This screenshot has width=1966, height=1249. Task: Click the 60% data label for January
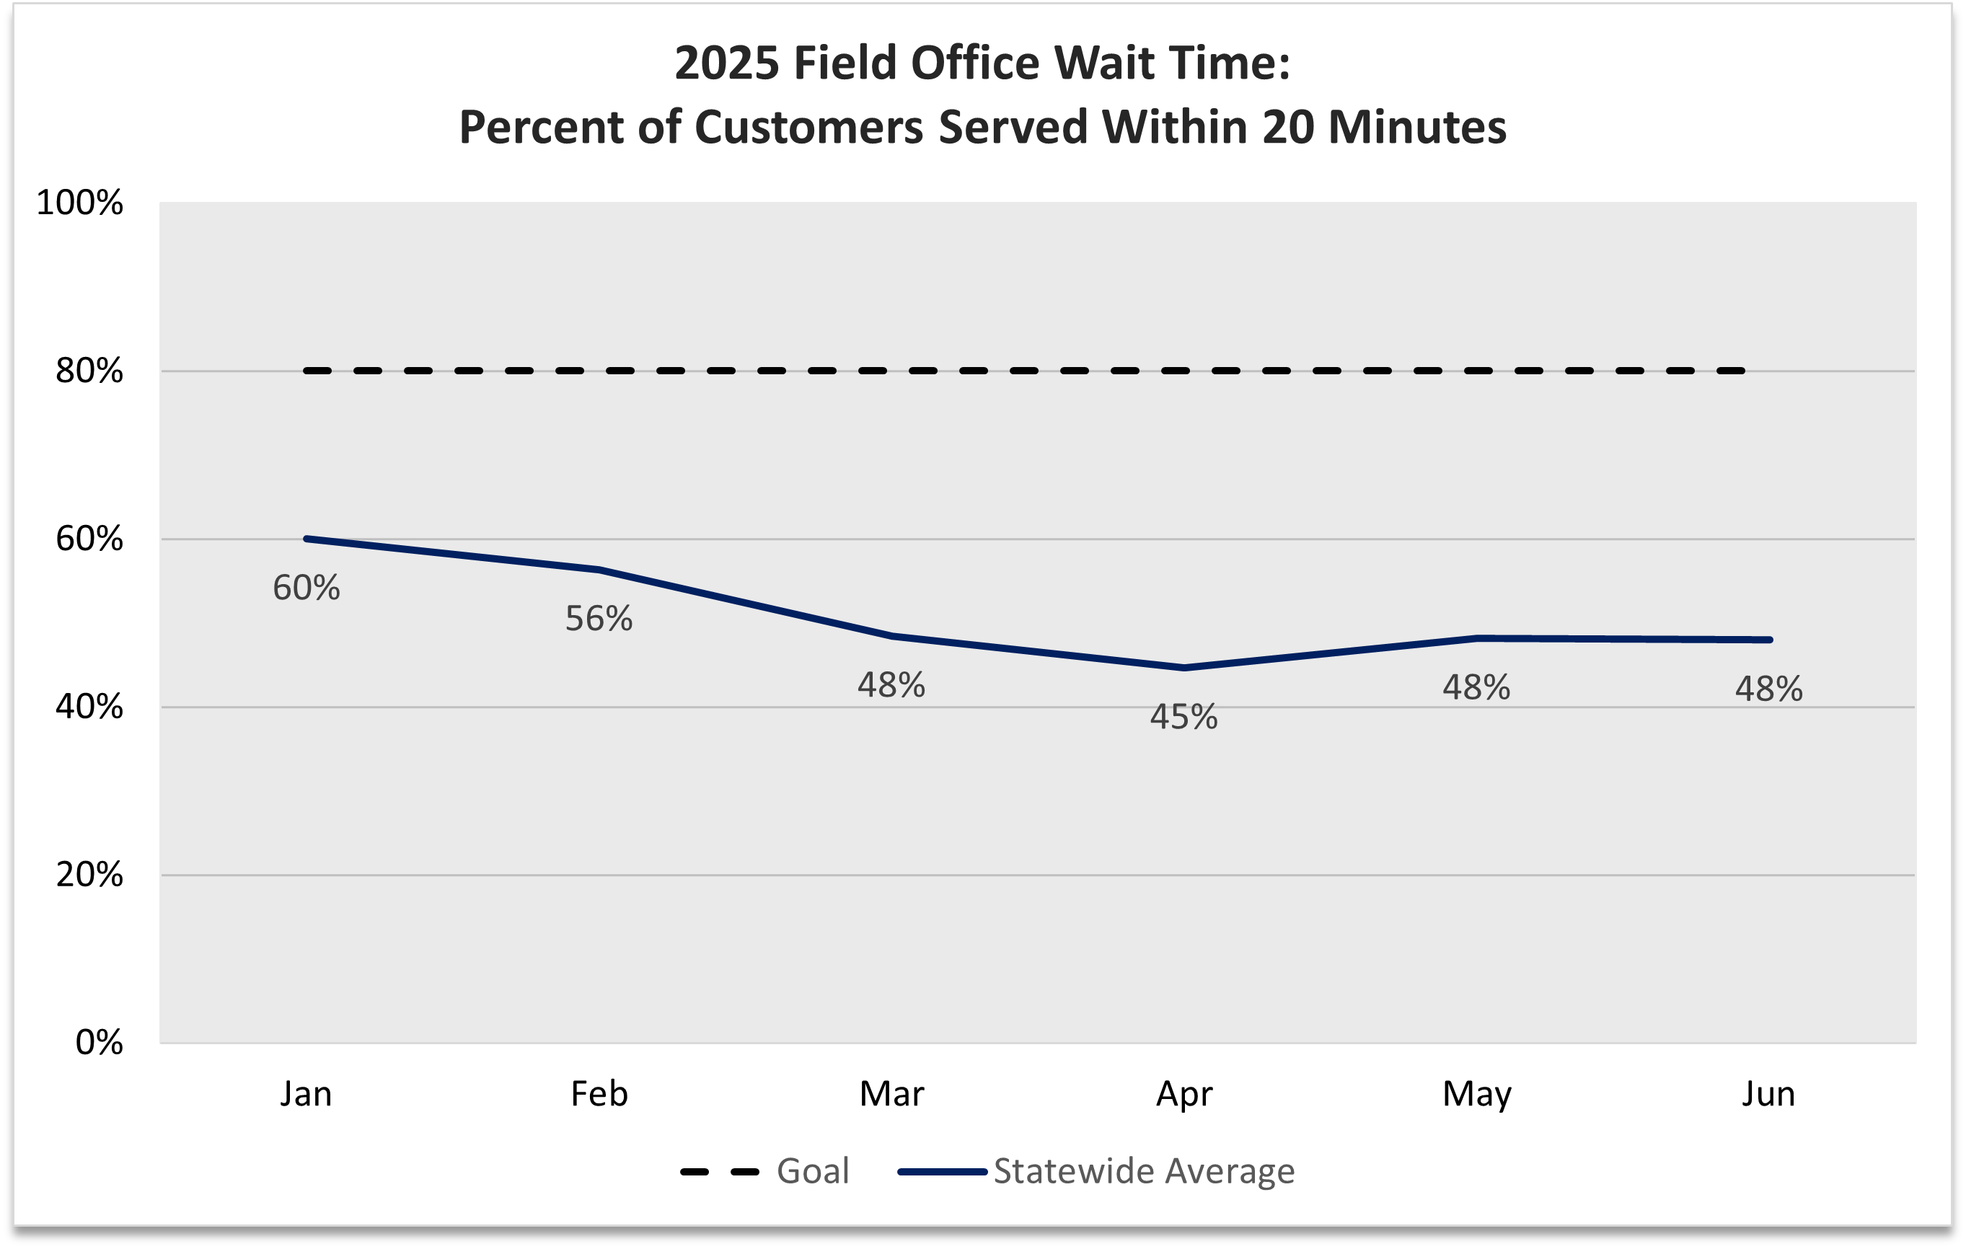(307, 588)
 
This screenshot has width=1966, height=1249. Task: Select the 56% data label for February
(599, 619)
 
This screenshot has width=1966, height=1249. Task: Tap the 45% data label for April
(1183, 717)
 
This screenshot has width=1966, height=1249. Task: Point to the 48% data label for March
(891, 685)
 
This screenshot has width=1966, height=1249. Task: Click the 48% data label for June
(1768, 689)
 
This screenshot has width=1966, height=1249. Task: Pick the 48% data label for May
(1476, 687)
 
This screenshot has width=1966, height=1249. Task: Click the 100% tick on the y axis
(79, 203)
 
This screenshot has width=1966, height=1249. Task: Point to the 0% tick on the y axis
(99, 1043)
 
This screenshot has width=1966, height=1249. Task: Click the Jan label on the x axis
(307, 1094)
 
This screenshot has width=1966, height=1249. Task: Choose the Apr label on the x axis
(1183, 1094)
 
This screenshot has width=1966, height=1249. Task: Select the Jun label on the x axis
(1768, 1094)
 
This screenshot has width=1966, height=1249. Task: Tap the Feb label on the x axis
(599, 1094)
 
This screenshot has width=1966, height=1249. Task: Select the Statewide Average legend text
(1143, 1170)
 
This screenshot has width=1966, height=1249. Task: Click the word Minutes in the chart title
(1417, 128)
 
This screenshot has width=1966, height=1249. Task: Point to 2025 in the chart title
(727, 63)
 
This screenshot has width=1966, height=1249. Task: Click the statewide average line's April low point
(1183, 668)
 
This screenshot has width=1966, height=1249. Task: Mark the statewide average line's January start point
(307, 539)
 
